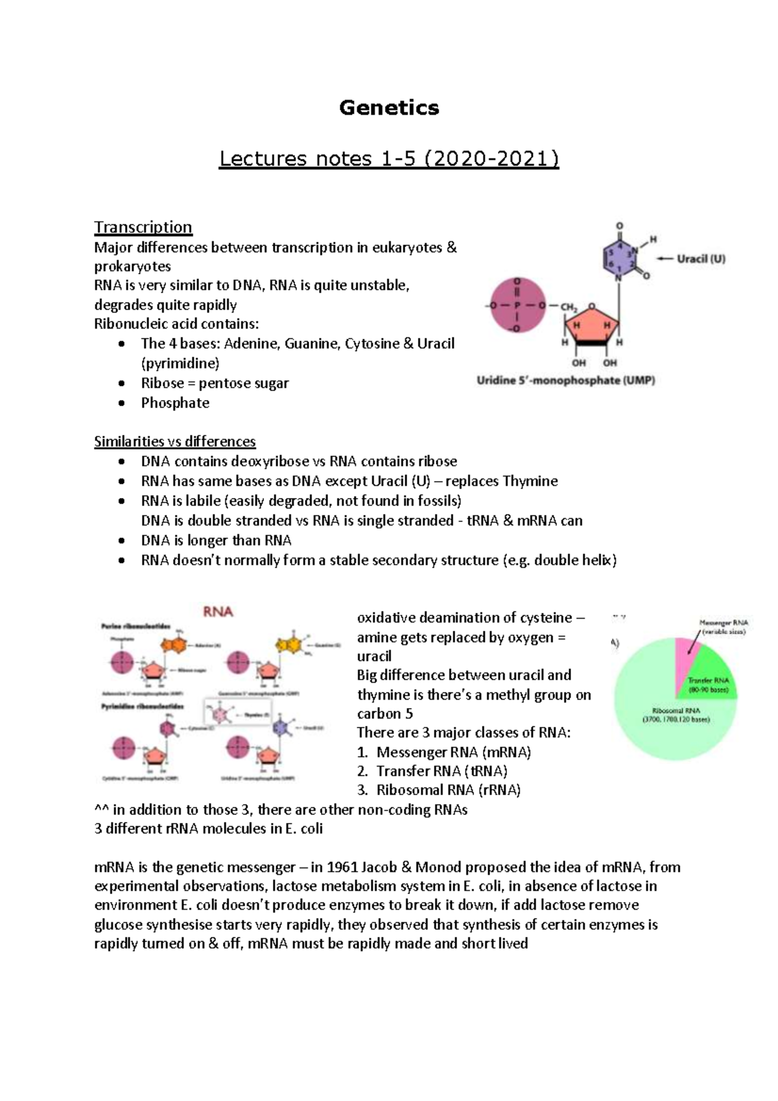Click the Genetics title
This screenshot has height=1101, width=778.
389,108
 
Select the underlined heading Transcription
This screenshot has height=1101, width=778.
143,227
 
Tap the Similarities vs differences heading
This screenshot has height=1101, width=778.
175,442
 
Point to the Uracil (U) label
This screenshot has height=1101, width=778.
701,259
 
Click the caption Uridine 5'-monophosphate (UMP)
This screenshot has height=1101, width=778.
565,381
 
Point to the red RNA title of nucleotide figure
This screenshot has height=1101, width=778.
218,611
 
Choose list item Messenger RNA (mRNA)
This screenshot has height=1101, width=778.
453,752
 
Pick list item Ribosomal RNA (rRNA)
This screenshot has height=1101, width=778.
449,790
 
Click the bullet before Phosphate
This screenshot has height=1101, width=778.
121,403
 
